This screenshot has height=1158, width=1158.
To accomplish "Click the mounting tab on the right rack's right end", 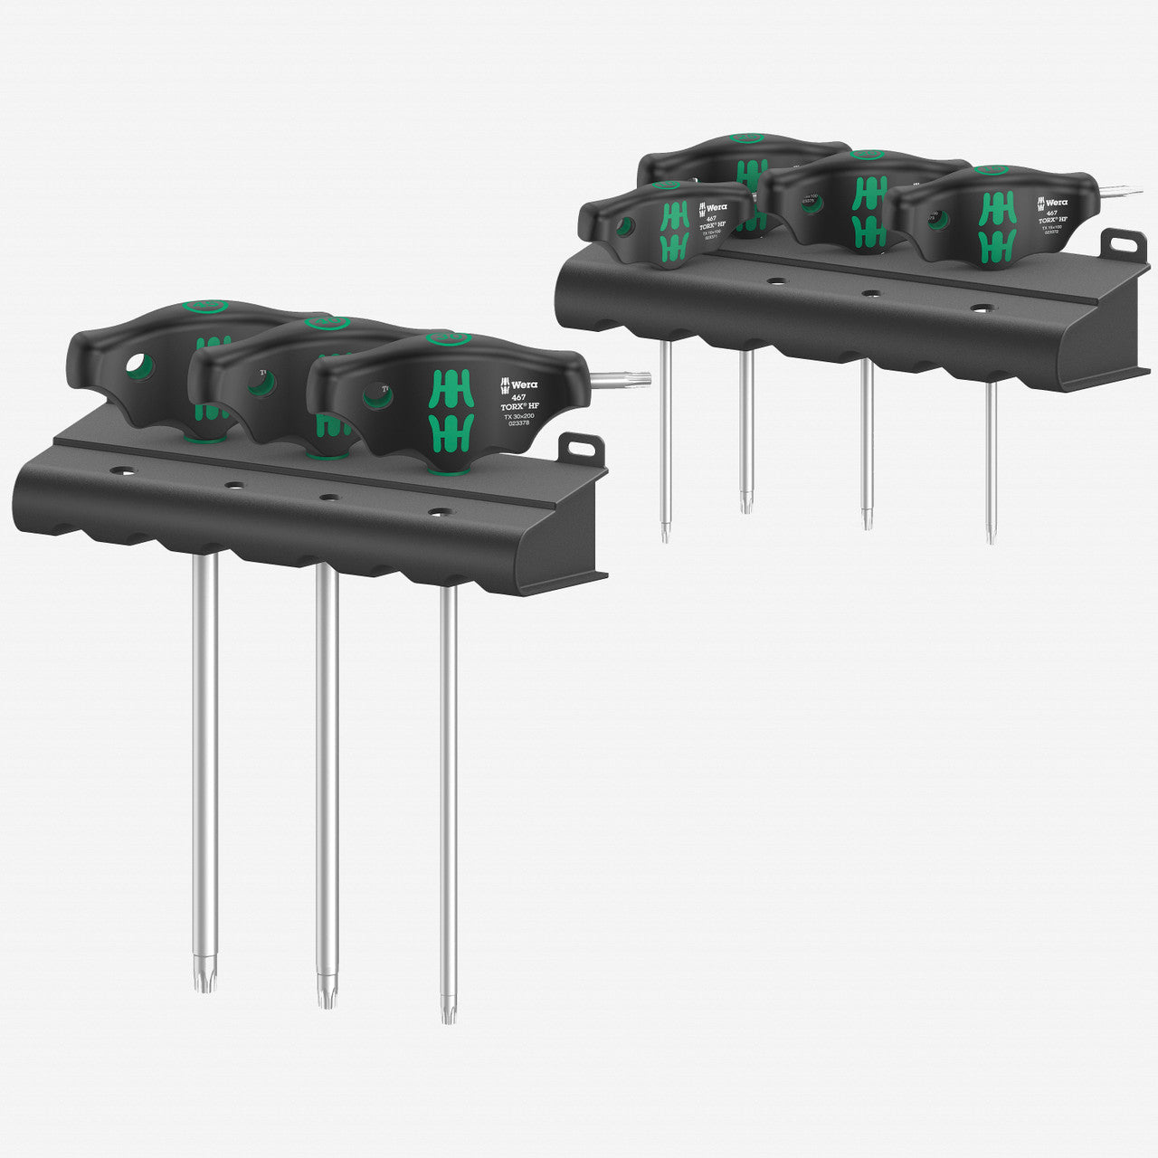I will (x=1121, y=242).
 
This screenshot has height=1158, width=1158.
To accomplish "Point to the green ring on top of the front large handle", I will (x=448, y=339).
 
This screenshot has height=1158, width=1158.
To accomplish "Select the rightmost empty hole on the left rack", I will (x=439, y=512).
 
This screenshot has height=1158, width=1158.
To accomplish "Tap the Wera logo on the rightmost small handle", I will (x=1052, y=202).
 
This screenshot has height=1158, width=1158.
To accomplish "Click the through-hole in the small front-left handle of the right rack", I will (x=623, y=227).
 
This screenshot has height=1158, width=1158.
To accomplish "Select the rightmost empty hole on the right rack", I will (x=981, y=308).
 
